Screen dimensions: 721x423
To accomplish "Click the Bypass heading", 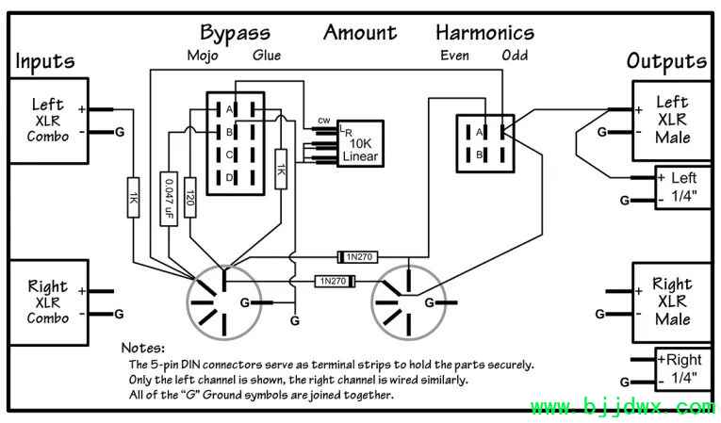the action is [235, 34].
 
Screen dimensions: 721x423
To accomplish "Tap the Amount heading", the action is [360, 33].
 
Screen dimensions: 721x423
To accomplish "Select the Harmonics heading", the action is [484, 33].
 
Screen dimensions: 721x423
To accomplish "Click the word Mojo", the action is [203, 56].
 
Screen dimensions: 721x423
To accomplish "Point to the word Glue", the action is [267, 56].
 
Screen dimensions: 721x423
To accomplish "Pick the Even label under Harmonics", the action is [455, 56].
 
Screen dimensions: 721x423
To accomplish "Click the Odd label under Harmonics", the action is [515, 56].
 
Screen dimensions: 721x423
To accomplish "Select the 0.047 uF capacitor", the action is [169, 199].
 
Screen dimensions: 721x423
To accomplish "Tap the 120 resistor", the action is [189, 197].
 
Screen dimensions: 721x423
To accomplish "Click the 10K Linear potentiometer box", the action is [360, 143].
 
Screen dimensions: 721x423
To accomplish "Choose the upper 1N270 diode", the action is [357, 257].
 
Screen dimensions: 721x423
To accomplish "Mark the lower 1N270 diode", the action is [336, 281].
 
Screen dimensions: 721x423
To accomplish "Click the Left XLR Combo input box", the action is [48, 121].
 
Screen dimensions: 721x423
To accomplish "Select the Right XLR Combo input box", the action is [48, 302].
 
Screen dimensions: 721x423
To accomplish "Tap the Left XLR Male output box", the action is [672, 121].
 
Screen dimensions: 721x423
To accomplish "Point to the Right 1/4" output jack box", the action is [683, 369].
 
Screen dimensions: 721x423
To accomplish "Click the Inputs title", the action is [45, 62].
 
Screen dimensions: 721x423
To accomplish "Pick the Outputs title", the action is [666, 62].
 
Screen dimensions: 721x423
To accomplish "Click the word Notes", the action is [142, 348].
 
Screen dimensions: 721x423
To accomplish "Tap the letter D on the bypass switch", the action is [229, 177].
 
